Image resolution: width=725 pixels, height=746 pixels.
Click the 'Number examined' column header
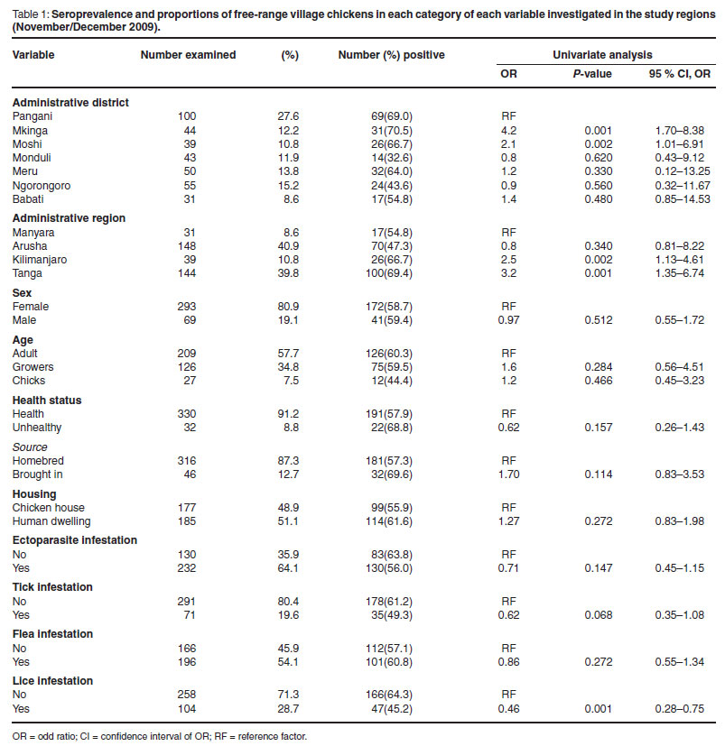[188, 55]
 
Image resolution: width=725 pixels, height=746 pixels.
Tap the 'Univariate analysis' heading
[602, 55]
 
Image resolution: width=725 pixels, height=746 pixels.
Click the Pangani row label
[33, 116]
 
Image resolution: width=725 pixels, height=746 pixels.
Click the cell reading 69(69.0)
[392, 116]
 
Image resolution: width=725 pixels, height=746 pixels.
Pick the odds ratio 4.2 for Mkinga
[508, 130]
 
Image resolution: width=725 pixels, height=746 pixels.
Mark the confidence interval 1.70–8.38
[678, 130]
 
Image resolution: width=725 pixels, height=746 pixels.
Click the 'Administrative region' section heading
[68, 218]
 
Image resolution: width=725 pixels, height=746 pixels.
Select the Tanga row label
[28, 272]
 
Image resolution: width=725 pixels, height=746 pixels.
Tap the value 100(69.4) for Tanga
[391, 272]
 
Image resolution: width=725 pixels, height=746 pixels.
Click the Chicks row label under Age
[30, 382]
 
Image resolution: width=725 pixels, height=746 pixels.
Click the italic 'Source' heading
[30, 447]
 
